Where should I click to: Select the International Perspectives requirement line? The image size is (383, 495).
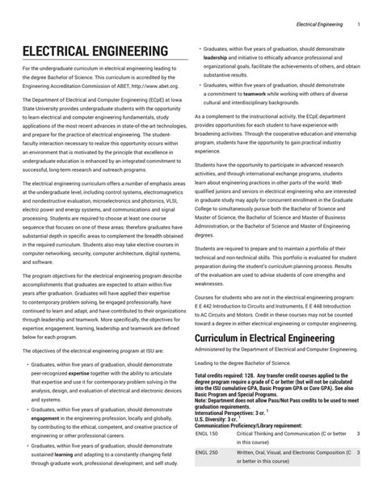[x=234, y=412]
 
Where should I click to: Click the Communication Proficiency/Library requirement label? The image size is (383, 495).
[x=249, y=426]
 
